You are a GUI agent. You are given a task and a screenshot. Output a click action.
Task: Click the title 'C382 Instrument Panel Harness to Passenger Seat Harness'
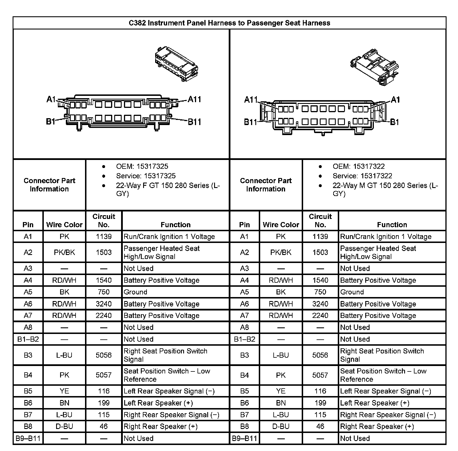229,23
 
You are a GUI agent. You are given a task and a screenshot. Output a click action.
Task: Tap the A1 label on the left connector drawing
51,99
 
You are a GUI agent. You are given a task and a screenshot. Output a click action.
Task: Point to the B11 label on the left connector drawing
194,122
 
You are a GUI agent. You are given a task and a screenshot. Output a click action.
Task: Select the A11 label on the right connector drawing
251,100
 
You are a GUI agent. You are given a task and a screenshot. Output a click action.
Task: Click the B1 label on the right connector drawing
394,122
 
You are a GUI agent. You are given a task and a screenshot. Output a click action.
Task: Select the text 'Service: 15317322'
362,176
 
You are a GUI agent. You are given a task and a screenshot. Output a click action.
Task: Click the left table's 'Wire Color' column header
64,225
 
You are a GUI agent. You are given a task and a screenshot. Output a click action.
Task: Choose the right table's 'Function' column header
392,225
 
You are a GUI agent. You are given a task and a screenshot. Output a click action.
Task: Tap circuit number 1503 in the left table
104,252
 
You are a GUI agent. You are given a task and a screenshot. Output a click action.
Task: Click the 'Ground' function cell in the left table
135,292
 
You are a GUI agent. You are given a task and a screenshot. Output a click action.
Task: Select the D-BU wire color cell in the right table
281,426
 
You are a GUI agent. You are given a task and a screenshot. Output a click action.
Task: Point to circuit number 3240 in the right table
320,304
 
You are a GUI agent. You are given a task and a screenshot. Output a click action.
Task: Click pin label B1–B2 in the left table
28,339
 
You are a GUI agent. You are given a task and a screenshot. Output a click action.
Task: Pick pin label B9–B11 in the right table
244,438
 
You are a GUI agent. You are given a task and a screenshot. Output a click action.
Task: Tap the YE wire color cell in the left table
64,391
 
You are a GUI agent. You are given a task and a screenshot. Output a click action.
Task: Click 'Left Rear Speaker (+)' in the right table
375,403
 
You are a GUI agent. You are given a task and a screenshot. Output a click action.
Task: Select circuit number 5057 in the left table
104,375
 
